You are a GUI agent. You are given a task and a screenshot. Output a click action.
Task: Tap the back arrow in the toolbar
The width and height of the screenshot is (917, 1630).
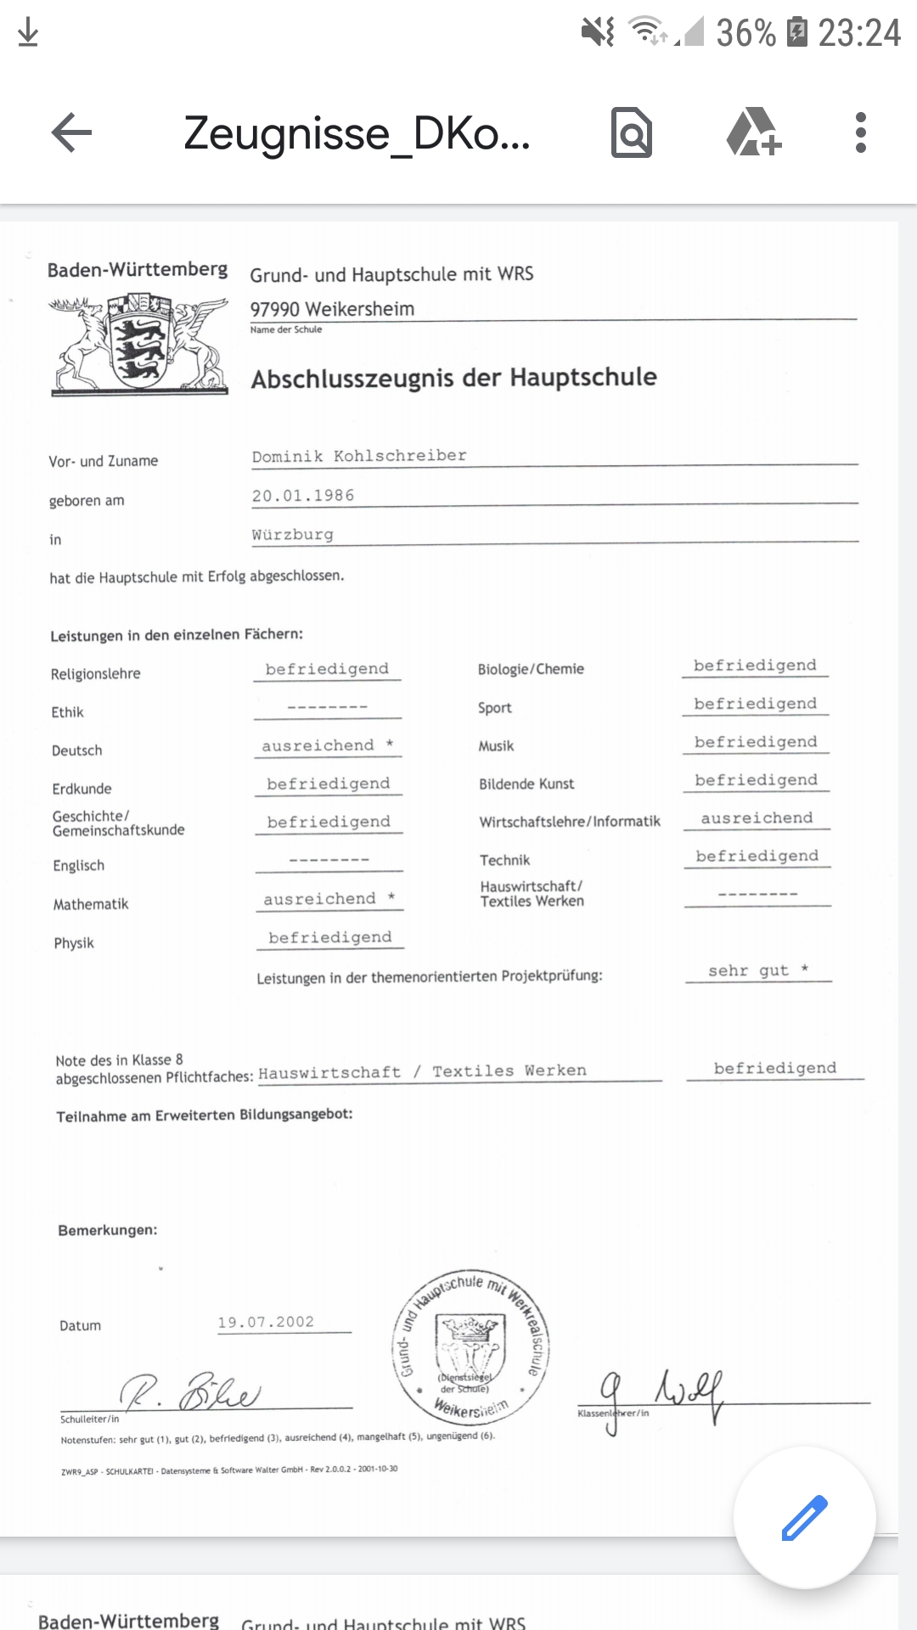71,133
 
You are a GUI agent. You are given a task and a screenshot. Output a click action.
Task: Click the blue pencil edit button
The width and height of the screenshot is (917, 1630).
803,1517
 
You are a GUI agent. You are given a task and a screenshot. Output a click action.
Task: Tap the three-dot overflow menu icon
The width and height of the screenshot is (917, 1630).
860,133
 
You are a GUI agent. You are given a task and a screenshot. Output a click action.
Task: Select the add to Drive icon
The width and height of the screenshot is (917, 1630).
753,133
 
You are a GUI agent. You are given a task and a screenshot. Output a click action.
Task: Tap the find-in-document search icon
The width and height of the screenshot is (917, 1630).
632,133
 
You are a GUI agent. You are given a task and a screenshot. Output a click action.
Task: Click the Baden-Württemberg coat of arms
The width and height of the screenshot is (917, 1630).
138,344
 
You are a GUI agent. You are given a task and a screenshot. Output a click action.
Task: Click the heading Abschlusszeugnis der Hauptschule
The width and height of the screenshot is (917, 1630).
453,378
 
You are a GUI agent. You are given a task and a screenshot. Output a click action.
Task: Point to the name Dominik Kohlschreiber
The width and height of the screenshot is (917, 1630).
359,456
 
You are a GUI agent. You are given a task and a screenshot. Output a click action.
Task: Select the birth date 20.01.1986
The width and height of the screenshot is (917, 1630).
303,496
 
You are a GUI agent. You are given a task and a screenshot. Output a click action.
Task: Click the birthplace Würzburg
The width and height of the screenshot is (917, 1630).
293,535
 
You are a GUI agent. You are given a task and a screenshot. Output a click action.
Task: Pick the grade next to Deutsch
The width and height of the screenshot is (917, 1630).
328,745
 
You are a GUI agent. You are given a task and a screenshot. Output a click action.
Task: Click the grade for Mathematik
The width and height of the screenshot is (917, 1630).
329,899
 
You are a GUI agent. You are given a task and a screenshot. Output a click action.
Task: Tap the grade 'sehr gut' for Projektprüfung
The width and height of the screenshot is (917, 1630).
758,970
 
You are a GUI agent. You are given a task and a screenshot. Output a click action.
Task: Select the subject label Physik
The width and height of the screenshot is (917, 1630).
74,943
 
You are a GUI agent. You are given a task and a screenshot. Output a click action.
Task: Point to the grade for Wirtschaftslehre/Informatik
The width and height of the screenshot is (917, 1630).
757,818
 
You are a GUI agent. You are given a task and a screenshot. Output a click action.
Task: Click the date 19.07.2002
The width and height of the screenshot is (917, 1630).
266,1323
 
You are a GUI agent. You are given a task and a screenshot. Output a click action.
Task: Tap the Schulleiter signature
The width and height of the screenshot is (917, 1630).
191,1392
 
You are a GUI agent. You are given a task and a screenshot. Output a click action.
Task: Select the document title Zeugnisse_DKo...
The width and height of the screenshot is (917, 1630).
357,133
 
